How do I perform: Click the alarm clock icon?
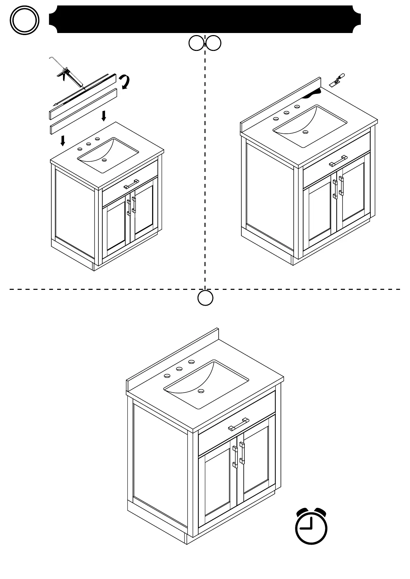coord(311,526)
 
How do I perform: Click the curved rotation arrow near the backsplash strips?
coord(124,82)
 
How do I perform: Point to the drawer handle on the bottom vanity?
coord(239,424)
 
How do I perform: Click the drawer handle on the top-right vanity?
coord(338,161)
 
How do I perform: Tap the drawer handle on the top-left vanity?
coord(131,184)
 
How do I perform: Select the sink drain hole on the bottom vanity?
coord(201,391)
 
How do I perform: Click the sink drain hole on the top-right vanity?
coord(305,132)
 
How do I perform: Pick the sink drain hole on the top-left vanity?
coord(104,160)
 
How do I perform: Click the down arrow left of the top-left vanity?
coord(63,140)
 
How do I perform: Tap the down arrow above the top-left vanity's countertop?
coord(104,116)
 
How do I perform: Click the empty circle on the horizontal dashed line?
coord(205,298)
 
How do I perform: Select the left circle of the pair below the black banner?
coord(197,43)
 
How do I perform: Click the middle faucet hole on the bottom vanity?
coord(179,369)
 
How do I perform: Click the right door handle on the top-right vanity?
coord(341,186)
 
